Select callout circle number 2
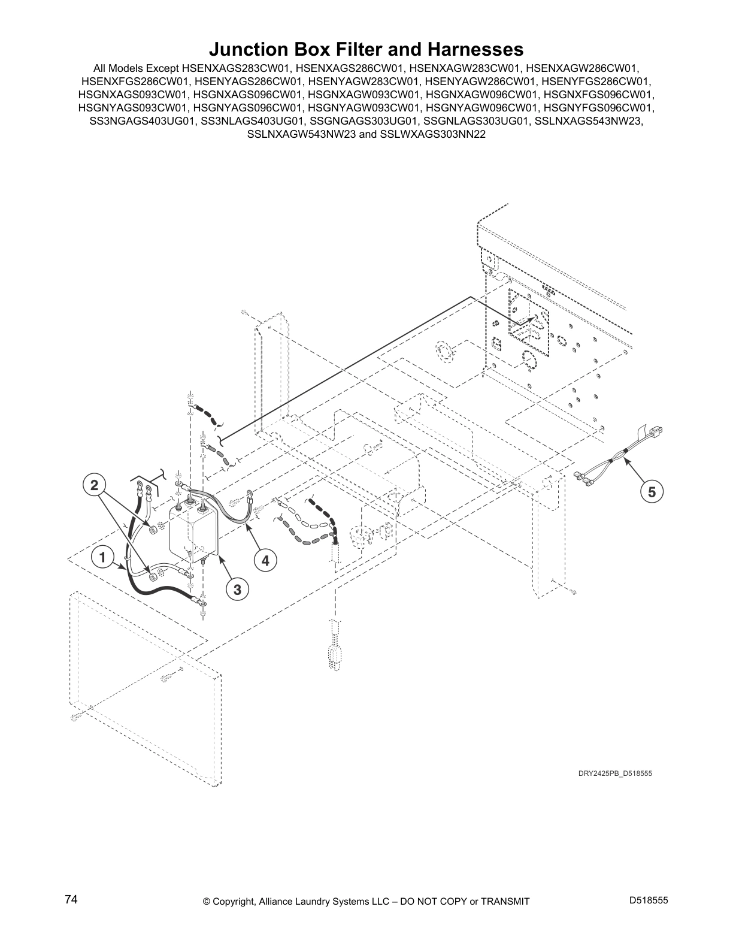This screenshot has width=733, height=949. [95, 485]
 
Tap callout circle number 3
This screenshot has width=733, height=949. [237, 590]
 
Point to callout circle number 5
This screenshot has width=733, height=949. [652, 492]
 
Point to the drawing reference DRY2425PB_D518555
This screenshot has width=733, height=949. [615, 773]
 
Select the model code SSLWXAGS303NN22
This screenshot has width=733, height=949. [432, 134]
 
